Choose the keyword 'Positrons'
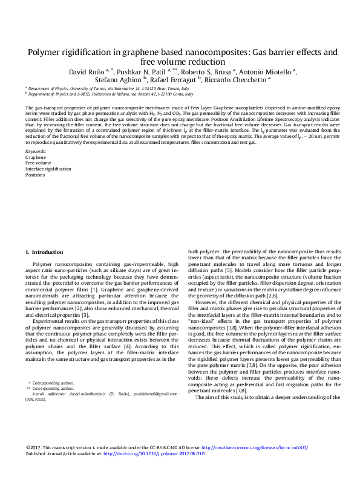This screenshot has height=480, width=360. pos(34,175)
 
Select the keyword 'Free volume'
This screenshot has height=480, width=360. pos(38,163)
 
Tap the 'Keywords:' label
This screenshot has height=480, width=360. pos(36,151)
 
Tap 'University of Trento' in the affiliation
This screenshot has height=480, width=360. pos(77,88)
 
